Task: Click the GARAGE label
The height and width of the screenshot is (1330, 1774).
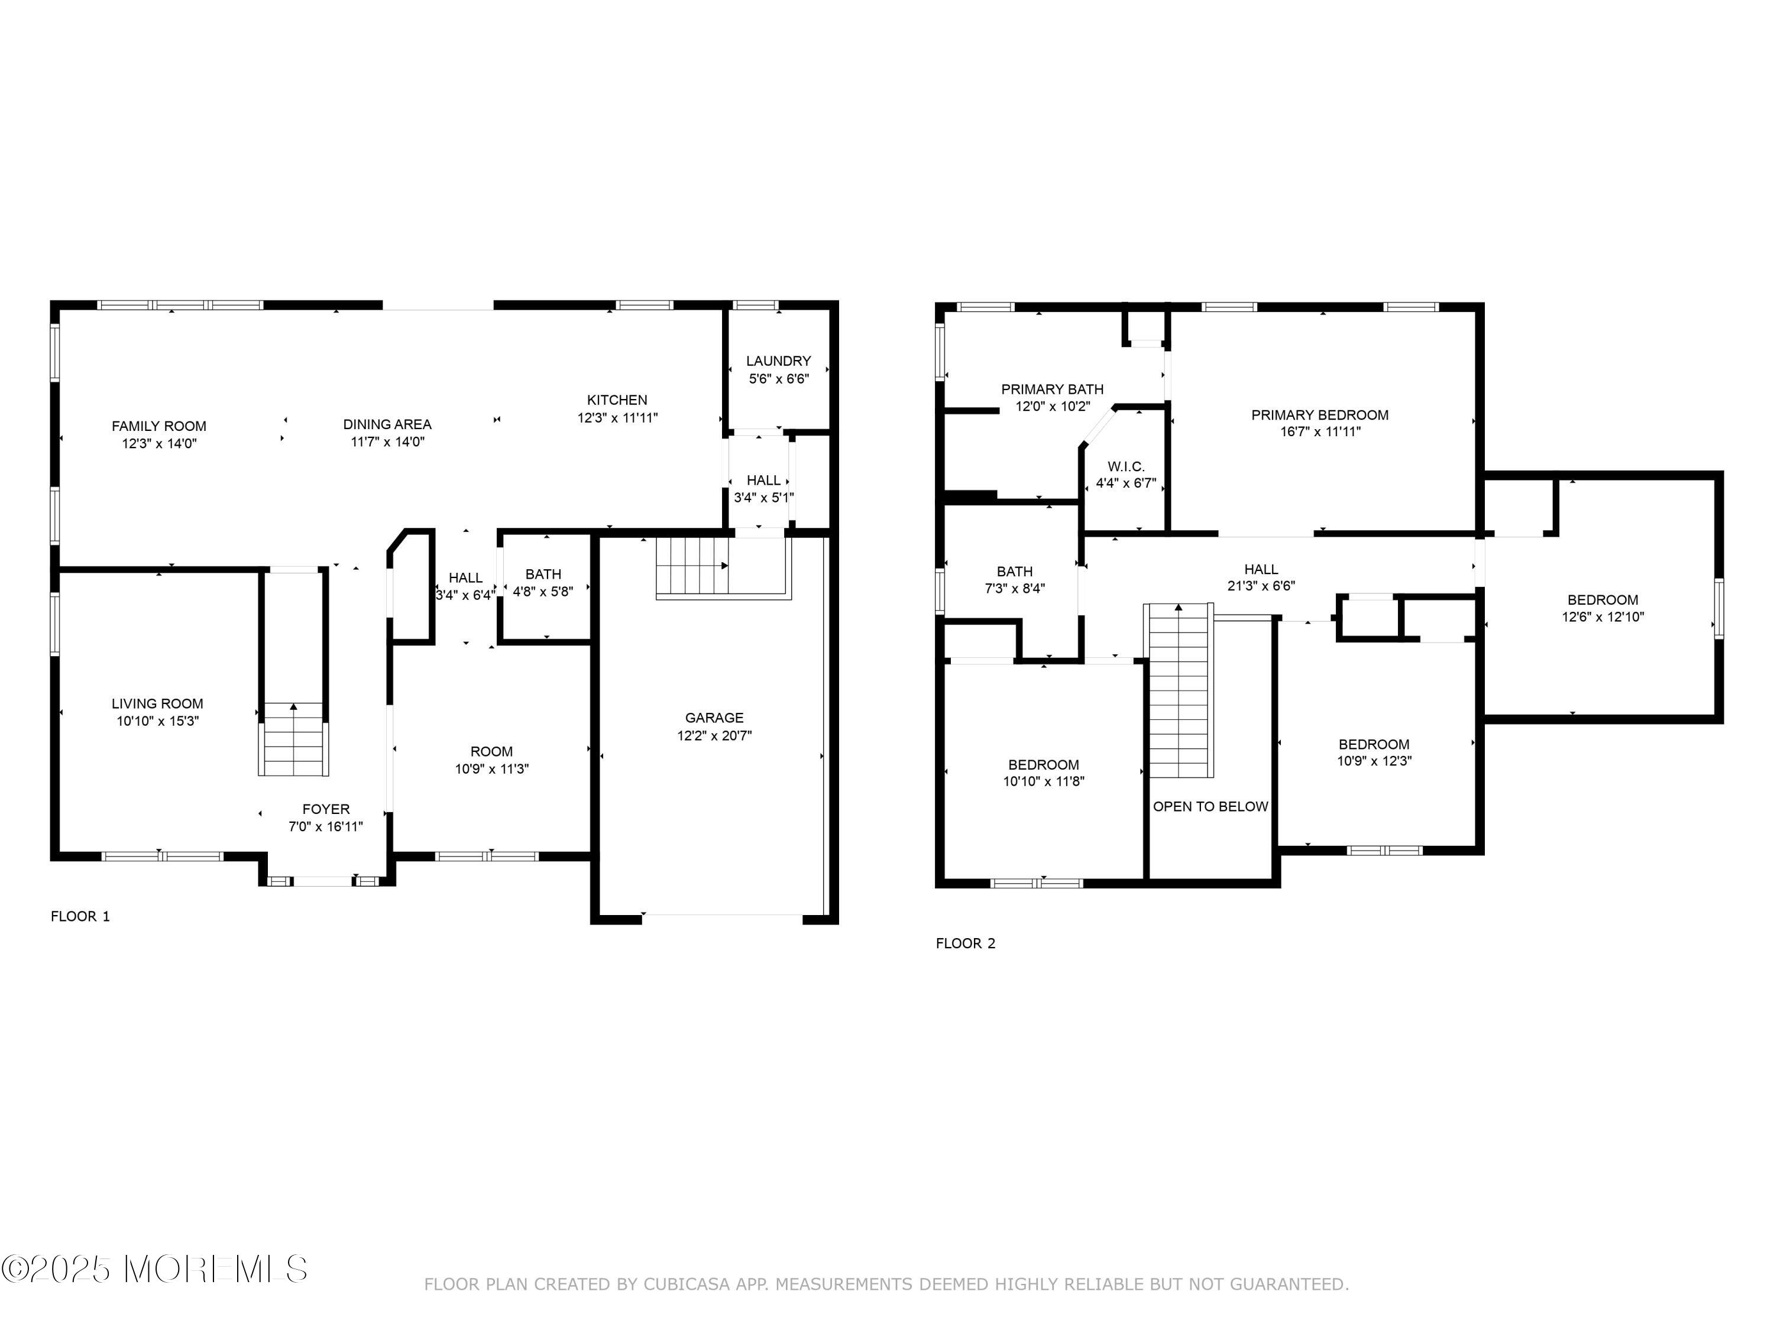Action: coord(714,718)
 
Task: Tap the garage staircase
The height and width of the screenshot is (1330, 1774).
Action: coord(692,566)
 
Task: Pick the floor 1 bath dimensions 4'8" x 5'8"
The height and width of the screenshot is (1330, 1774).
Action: coord(543,592)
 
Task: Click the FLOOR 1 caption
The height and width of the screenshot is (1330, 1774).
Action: coord(80,916)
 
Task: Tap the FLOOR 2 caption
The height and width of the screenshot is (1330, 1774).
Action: coord(966,943)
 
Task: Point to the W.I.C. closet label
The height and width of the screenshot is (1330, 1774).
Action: coord(1126,466)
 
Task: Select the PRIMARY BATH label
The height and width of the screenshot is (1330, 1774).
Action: coord(1052,390)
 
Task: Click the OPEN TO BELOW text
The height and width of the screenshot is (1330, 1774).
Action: coord(1210,806)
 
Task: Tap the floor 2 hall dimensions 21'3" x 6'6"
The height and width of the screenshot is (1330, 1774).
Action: coord(1261,586)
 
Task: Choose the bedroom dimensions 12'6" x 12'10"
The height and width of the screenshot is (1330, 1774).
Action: coord(1603,617)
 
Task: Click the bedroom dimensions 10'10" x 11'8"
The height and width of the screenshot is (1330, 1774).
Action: coord(1043,781)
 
